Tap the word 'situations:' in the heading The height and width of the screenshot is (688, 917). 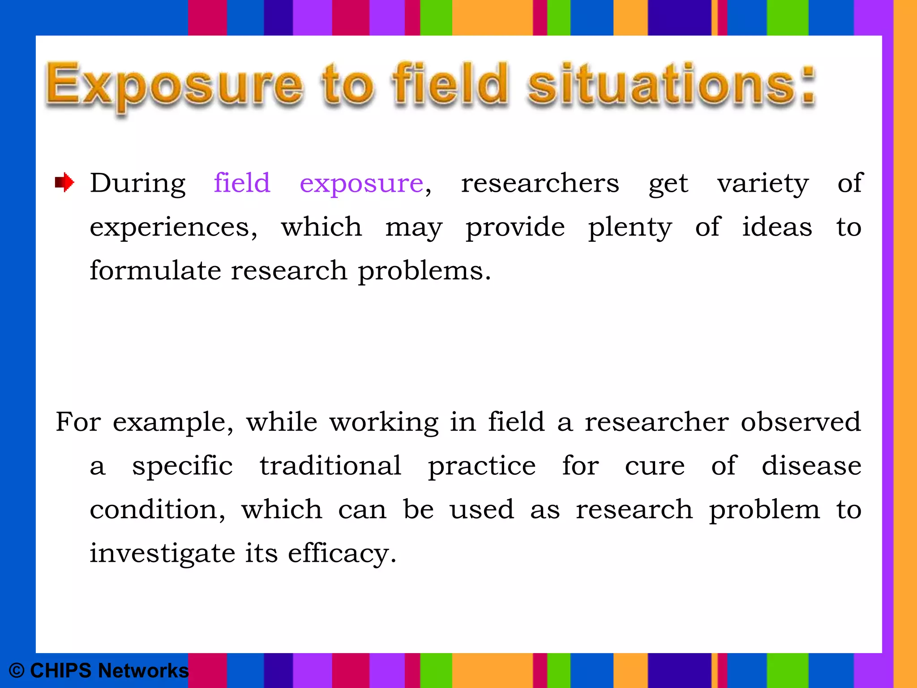tap(672, 85)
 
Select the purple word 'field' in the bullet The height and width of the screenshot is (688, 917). tap(242, 183)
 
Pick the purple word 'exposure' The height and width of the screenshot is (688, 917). tap(361, 184)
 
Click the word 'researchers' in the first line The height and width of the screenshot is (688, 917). tap(540, 183)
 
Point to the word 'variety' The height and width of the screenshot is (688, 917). tap(763, 184)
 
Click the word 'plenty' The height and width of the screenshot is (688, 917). tap(630, 228)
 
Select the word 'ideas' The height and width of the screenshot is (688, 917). tap(777, 227)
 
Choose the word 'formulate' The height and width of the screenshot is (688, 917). tap(155, 271)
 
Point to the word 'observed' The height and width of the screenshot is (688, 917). tap(801, 422)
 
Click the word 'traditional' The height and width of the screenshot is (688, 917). tap(330, 466)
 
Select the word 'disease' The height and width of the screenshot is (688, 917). tap(811, 466)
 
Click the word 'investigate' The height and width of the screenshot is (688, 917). tap(162, 554)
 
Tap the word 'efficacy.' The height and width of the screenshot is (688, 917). tap(342, 554)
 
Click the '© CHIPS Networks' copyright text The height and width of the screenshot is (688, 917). tap(99, 671)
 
